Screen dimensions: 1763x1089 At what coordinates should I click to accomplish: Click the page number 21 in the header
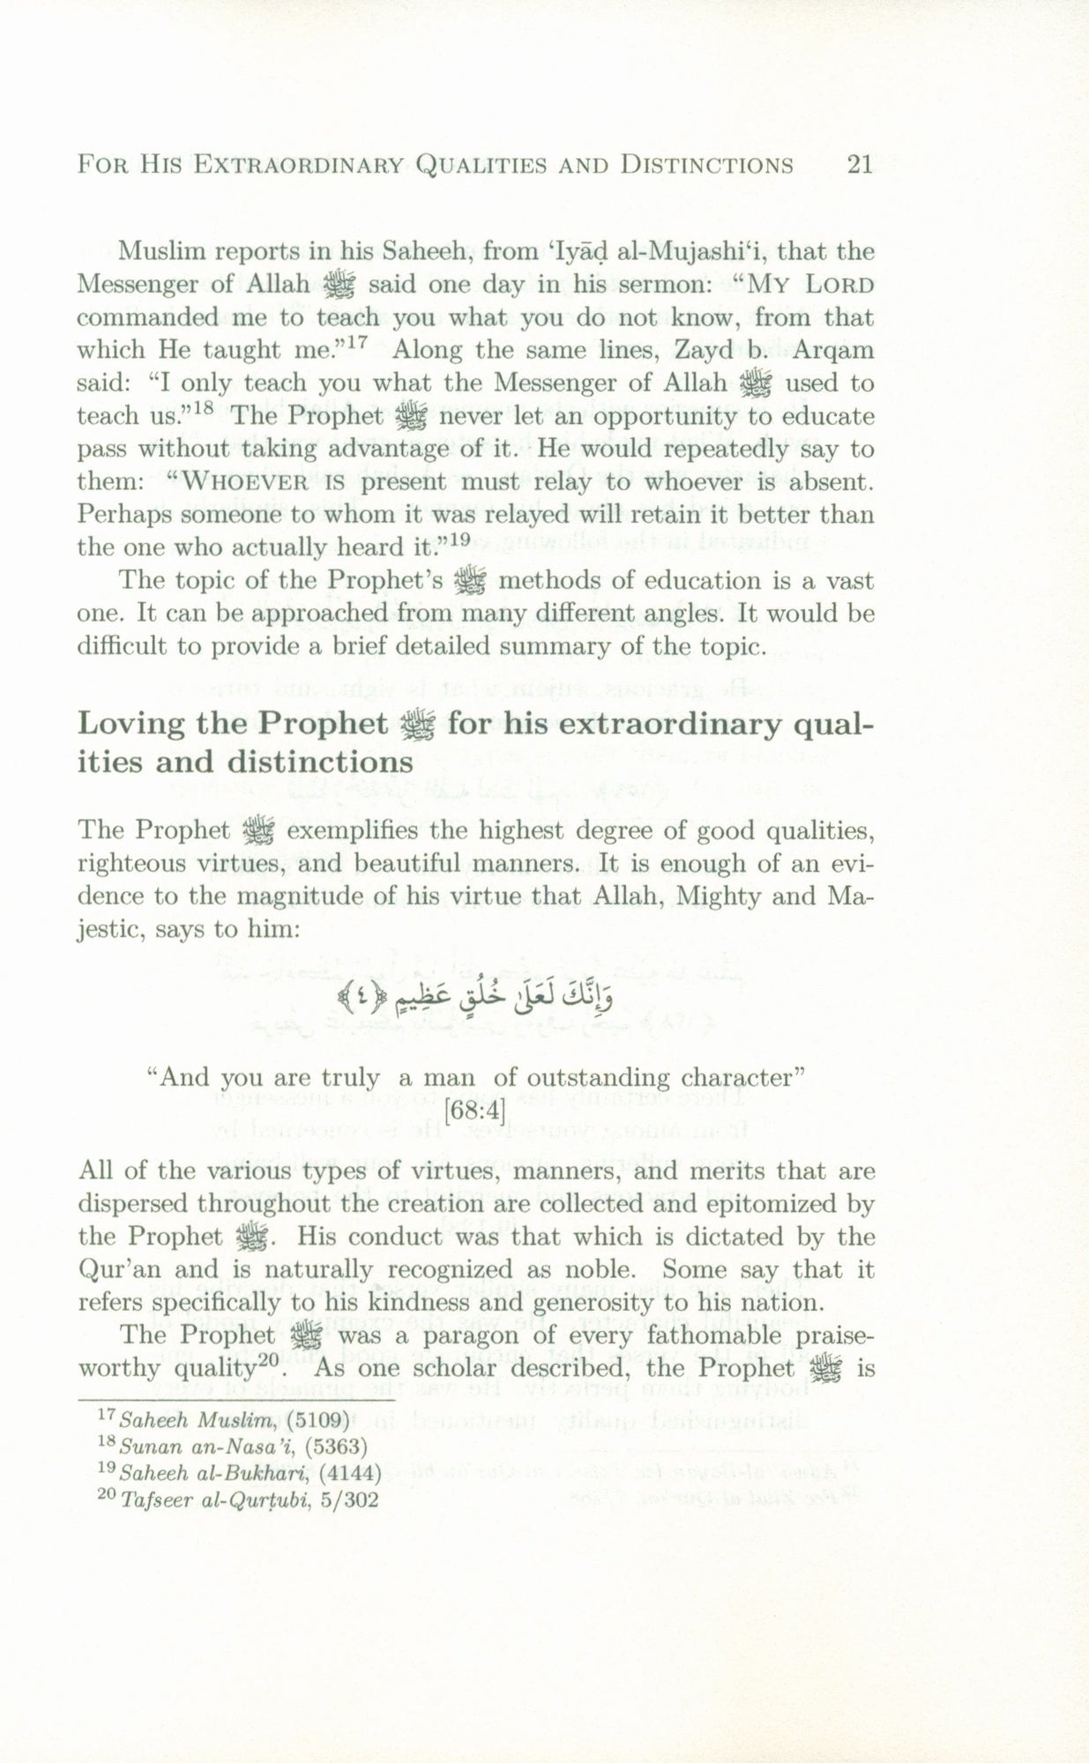pos(858,165)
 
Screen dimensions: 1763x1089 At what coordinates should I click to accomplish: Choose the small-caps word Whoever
pos(234,482)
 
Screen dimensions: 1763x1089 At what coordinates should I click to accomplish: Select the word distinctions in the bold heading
pos(319,762)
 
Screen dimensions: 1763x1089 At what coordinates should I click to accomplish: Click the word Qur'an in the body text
pos(115,1270)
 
